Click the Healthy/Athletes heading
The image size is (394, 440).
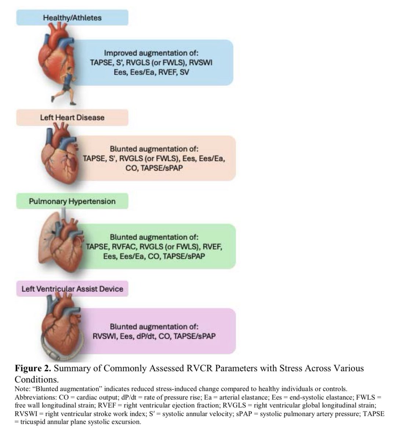click(72, 18)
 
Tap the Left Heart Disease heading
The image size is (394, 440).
click(72, 118)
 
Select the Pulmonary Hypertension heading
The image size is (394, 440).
click(72, 201)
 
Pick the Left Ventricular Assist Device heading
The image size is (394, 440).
click(72, 289)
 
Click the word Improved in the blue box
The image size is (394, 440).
click(119, 53)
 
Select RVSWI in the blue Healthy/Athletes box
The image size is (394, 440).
click(200, 62)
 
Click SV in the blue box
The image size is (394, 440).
click(185, 72)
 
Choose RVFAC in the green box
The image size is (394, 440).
click(125, 246)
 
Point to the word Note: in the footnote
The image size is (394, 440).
click(23, 388)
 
